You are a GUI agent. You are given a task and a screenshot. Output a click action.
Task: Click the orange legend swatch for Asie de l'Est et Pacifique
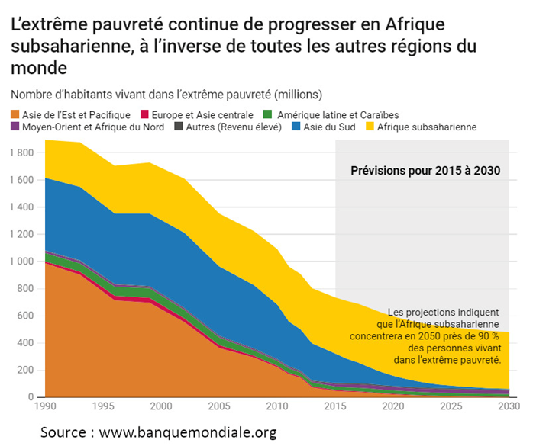(x=15, y=114)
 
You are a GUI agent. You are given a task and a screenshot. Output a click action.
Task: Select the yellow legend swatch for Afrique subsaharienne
(x=370, y=127)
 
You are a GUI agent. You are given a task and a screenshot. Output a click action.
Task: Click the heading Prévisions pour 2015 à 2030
(x=425, y=171)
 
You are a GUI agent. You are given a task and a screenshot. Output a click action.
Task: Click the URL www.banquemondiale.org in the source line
(x=188, y=432)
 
